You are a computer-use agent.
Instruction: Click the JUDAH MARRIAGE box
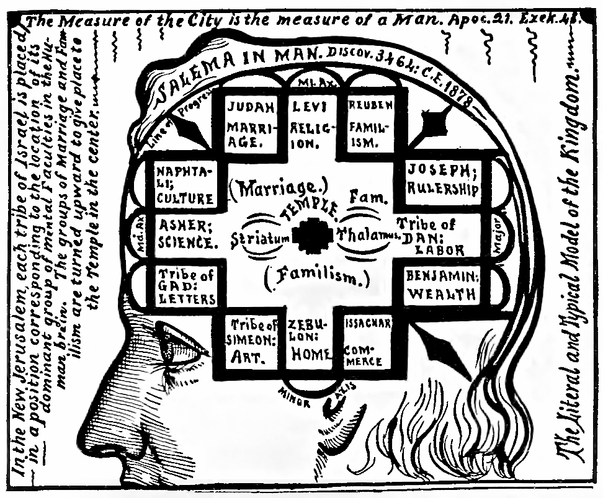[x=247, y=124]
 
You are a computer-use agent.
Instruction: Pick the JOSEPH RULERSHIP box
[x=442, y=180]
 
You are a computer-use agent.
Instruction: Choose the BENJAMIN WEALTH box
[x=442, y=285]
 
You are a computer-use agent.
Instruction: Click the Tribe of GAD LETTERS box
[x=186, y=287]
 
